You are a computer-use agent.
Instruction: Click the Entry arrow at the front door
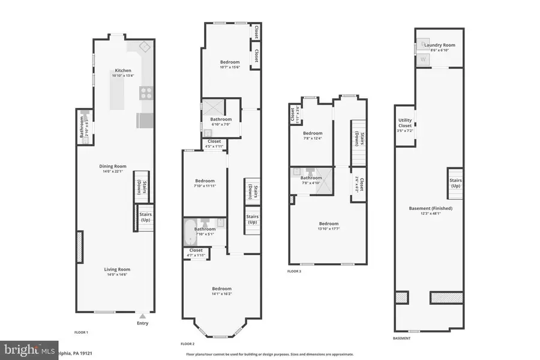142,316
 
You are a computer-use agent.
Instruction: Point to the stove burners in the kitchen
145,92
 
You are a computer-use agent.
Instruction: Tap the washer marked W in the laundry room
422,59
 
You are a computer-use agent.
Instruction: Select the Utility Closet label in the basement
405,124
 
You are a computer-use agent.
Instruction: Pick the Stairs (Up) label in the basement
455,182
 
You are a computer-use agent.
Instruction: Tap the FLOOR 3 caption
294,271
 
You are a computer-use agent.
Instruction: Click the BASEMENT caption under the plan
402,338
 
